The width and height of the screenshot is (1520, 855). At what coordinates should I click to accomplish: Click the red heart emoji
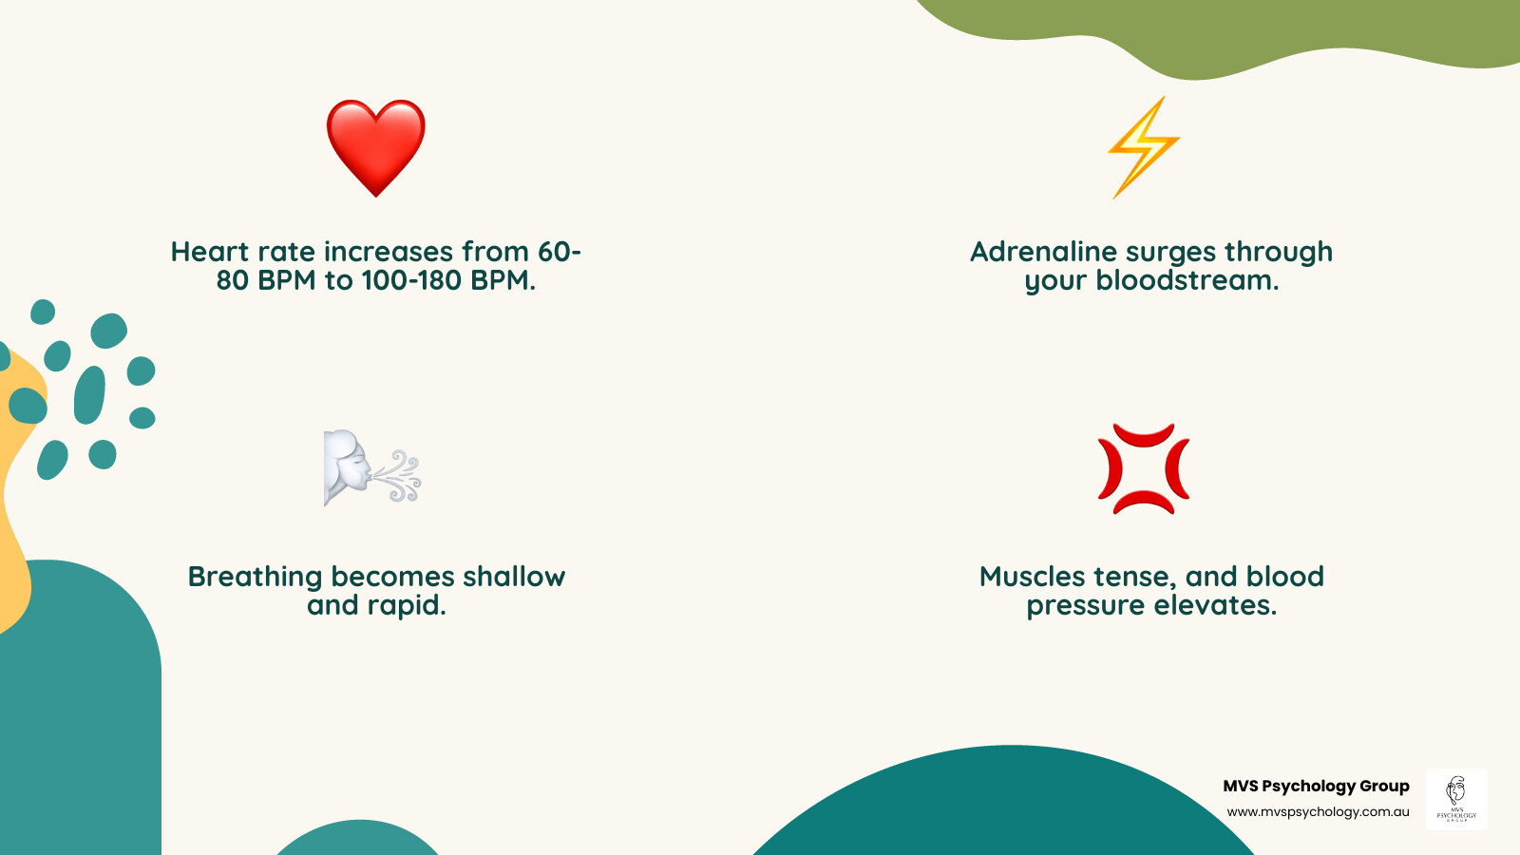pyautogui.click(x=376, y=148)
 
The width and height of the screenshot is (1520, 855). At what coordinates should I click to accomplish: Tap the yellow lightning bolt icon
pyautogui.click(x=1144, y=147)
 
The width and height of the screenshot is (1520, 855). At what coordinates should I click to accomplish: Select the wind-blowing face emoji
pyautogui.click(x=371, y=468)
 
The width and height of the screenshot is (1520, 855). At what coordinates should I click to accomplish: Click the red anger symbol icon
pyautogui.click(x=1144, y=469)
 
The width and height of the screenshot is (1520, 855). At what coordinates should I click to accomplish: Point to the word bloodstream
pyautogui.click(x=1187, y=280)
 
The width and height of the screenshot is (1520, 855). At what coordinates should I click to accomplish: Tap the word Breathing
pyautogui.click(x=256, y=578)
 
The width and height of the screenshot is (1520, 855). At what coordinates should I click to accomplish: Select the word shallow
pyautogui.click(x=514, y=577)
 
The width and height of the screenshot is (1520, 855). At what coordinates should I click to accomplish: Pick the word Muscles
pyautogui.click(x=1032, y=577)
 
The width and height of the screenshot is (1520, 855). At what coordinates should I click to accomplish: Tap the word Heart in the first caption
pyautogui.click(x=210, y=252)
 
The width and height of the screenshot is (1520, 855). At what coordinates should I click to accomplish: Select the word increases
pyautogui.click(x=389, y=252)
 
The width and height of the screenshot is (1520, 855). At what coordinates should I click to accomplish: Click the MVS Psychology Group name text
pyautogui.click(x=1317, y=786)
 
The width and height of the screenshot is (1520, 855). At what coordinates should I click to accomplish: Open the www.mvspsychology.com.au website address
pyautogui.click(x=1318, y=811)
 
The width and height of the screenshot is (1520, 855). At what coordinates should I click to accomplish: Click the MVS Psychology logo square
pyautogui.click(x=1456, y=799)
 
